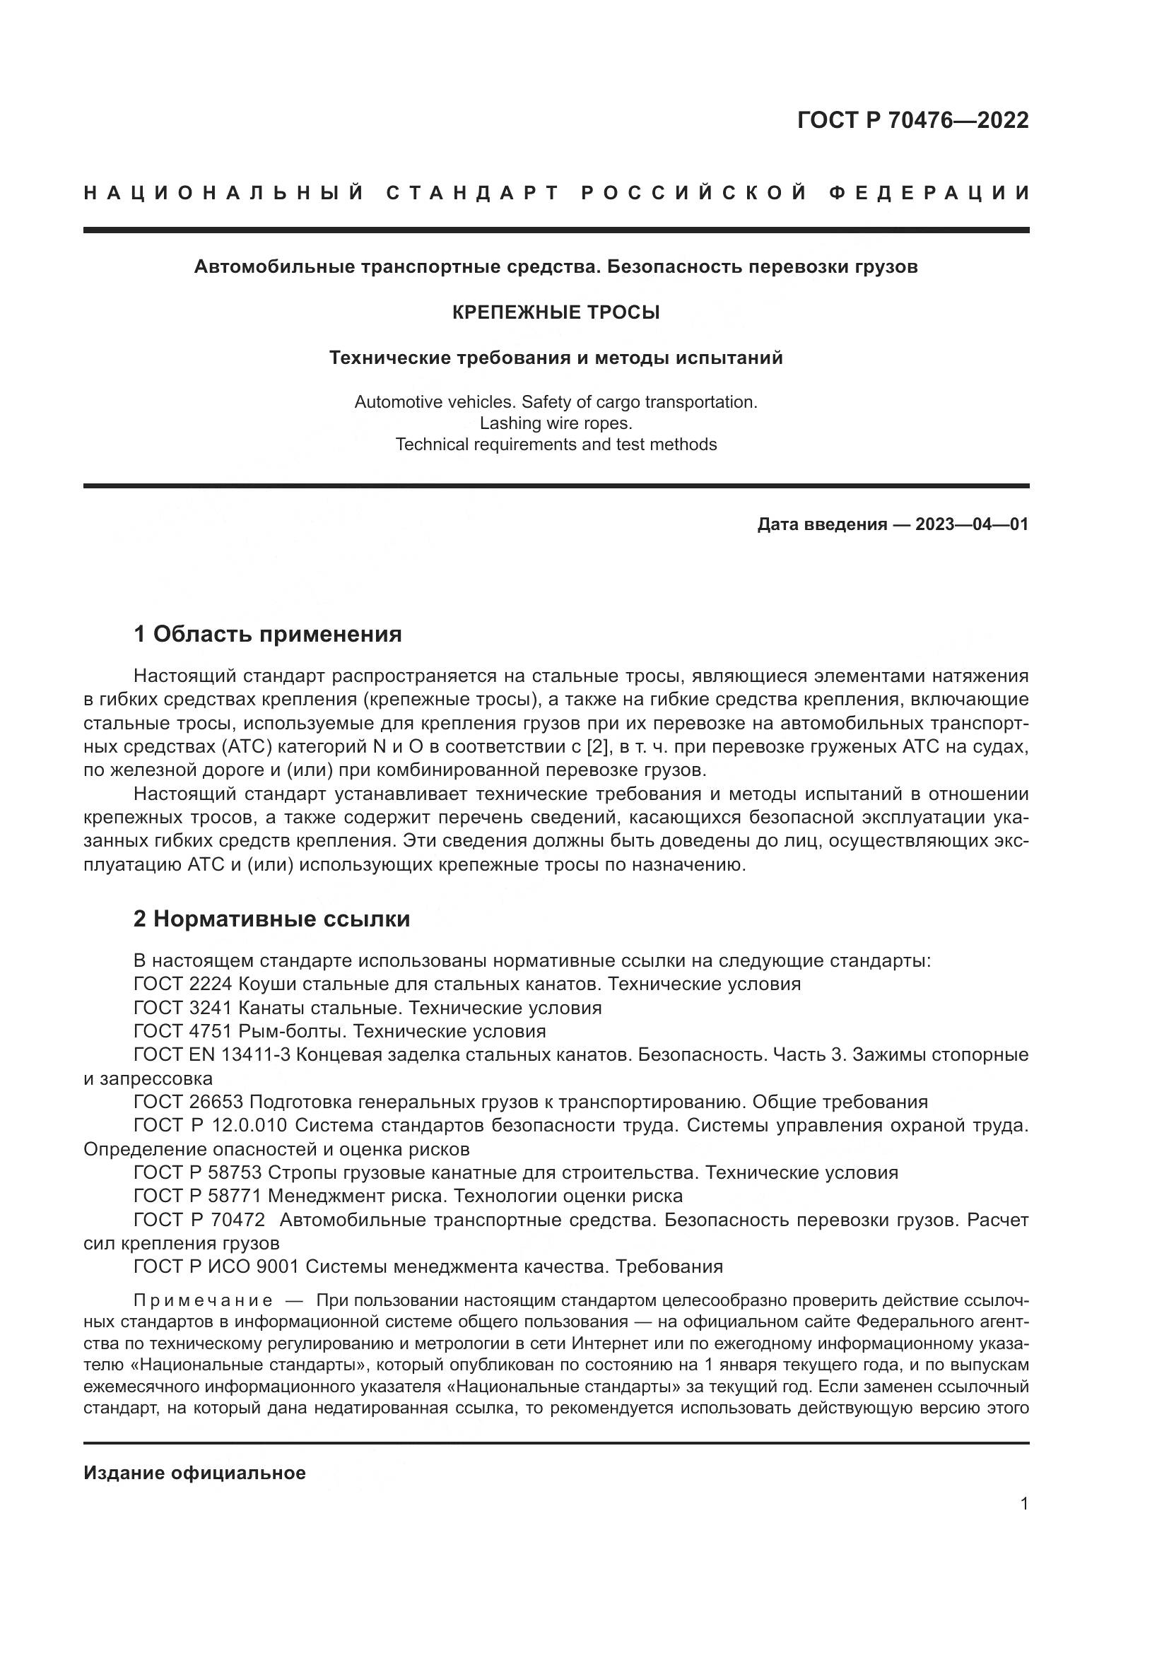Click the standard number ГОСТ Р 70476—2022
point(912,120)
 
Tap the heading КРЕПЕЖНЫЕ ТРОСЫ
point(556,312)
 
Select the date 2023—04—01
point(972,524)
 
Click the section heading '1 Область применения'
point(267,634)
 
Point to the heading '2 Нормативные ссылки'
point(271,919)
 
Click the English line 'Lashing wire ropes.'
point(556,423)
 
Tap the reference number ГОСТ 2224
point(183,984)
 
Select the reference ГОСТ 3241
point(183,1008)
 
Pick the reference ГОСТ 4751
point(183,1032)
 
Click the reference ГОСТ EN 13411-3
point(212,1055)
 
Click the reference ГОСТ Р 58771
point(197,1196)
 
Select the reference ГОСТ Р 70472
point(197,1220)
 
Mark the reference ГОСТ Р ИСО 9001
point(216,1267)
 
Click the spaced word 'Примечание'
point(203,1301)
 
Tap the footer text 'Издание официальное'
point(194,1473)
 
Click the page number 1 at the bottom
point(1024,1504)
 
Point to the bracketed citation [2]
point(597,746)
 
